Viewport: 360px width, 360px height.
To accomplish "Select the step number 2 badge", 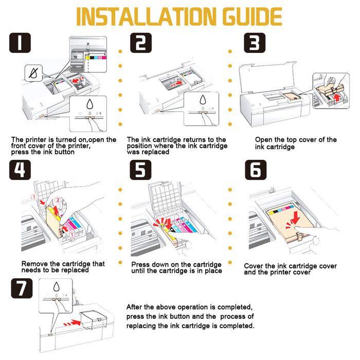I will click(x=140, y=43).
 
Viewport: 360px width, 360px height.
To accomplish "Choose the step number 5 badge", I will click(x=140, y=170).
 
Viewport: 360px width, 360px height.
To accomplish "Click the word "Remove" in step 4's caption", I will click(x=34, y=264).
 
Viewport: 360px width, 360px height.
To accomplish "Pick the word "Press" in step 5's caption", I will click(x=141, y=264).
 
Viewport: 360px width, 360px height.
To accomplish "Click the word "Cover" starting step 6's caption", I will click(x=255, y=266).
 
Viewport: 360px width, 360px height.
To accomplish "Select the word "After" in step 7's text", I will click(x=136, y=307).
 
